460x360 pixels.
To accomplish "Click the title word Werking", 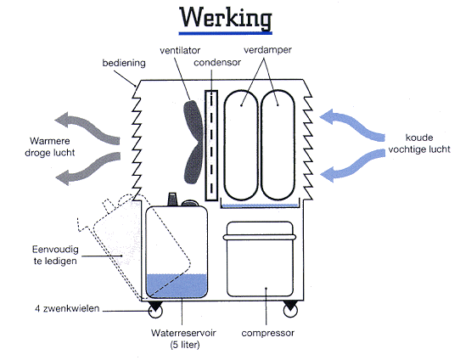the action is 225,18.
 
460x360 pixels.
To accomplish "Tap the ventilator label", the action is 180,50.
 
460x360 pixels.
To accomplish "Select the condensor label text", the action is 217,62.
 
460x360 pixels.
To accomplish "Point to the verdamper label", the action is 267,50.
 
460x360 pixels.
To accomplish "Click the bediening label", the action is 124,63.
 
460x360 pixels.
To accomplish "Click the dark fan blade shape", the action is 193,142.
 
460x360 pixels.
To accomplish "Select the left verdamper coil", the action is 224,145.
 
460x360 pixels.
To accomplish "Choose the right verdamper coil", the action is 261,145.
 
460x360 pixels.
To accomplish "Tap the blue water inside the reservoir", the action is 177,285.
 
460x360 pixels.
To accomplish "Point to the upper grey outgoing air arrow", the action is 88,127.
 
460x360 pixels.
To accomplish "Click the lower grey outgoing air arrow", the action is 88,169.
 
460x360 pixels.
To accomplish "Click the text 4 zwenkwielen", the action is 67,309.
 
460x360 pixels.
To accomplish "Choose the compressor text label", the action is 268,333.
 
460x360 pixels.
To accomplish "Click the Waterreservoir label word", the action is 183,333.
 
